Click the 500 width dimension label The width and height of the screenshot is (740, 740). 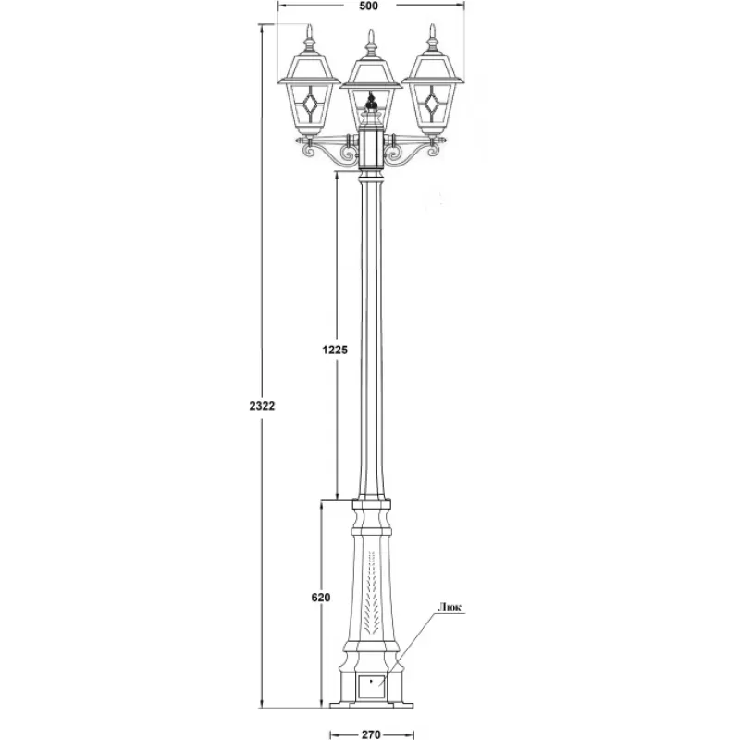(x=368, y=6)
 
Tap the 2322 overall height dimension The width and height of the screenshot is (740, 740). (x=262, y=406)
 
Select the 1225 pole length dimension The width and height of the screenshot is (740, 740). (x=335, y=350)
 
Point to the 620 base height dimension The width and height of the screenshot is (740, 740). (x=321, y=598)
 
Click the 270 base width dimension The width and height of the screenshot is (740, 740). (x=372, y=734)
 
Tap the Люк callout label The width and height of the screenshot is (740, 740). (x=450, y=608)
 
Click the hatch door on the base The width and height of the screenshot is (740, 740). (x=372, y=686)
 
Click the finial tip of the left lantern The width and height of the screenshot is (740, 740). (x=310, y=25)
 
